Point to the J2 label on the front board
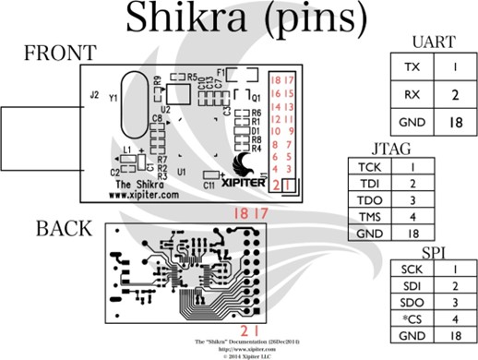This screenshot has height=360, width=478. [x=93, y=94]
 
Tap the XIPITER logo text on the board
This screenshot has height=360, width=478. [x=243, y=183]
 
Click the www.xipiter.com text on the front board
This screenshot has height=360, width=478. [x=138, y=196]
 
